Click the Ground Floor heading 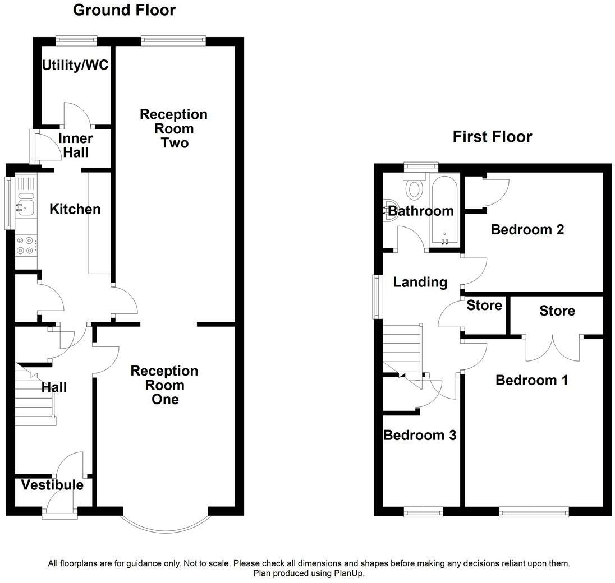[x=124, y=10]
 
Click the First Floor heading [x=492, y=137]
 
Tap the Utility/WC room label [x=75, y=65]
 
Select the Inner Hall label [x=76, y=145]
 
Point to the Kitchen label [x=75, y=209]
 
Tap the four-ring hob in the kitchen [x=25, y=246]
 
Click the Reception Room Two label [x=174, y=128]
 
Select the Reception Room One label [x=164, y=385]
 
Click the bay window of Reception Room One [x=165, y=531]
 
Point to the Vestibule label [x=52, y=485]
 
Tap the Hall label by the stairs [x=54, y=387]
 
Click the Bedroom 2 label [x=527, y=229]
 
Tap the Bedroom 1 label [x=532, y=380]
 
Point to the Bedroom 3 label [x=420, y=435]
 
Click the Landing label [x=420, y=282]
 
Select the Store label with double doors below [x=557, y=311]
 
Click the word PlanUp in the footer [x=348, y=573]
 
